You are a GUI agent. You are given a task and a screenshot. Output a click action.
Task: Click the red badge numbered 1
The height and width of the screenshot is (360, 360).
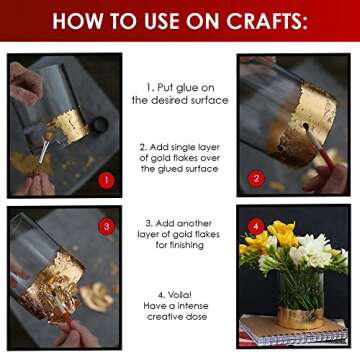pos(107,180)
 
